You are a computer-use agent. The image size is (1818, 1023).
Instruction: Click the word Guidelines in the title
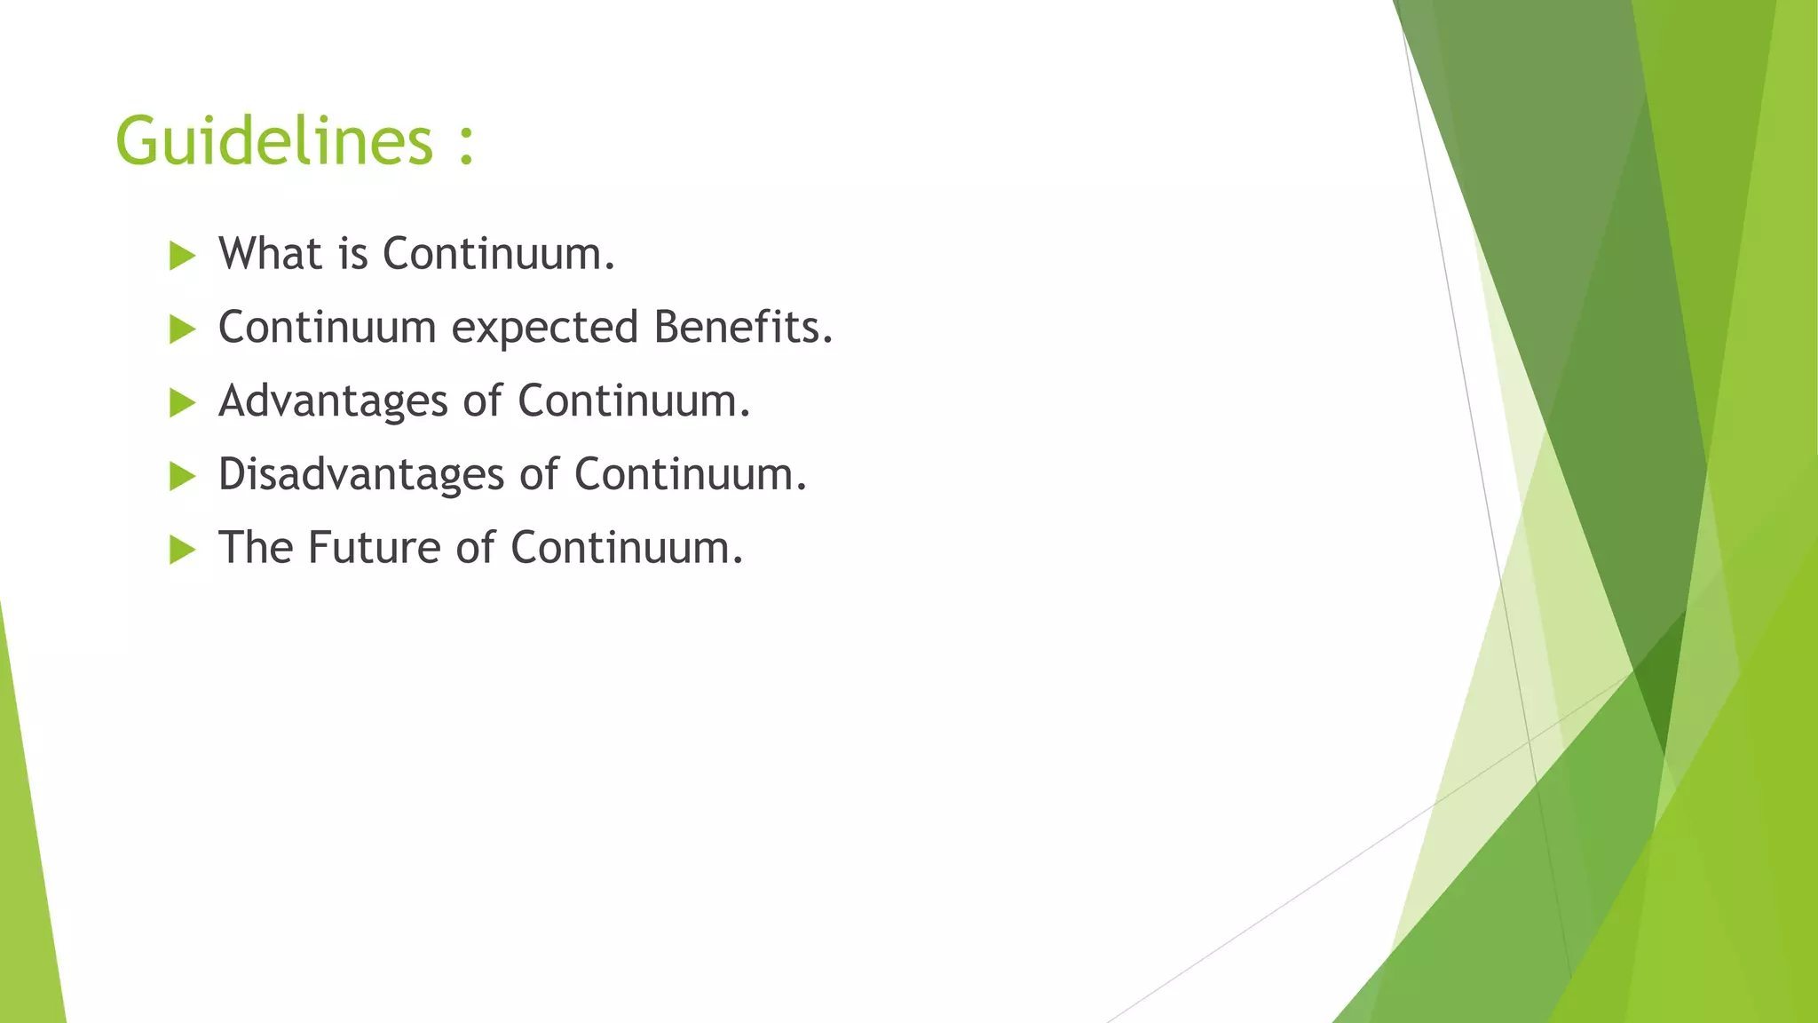click(273, 141)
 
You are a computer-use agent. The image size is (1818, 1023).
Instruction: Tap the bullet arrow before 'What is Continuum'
click(182, 256)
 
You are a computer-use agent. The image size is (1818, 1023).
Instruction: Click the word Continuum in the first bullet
click(498, 254)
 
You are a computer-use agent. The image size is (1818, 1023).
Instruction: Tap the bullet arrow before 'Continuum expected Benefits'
click(182, 329)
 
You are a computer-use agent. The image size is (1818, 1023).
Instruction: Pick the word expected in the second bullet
click(544, 329)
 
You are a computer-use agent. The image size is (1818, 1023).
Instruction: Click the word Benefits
click(743, 327)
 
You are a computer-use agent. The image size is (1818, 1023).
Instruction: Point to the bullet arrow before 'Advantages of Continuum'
click(182, 403)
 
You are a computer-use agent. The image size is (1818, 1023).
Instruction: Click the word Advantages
click(333, 401)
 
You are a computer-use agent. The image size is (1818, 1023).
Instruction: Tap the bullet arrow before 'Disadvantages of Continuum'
click(182, 477)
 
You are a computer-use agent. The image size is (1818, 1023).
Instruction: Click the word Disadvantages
click(361, 474)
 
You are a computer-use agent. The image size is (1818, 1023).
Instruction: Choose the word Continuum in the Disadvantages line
click(690, 474)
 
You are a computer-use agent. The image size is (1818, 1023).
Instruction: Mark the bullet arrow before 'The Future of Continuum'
click(182, 550)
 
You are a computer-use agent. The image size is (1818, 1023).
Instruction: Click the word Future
click(374, 548)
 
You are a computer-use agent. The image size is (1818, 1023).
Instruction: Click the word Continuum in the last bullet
click(626, 548)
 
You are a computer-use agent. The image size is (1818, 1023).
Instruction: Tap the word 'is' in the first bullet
click(352, 254)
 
